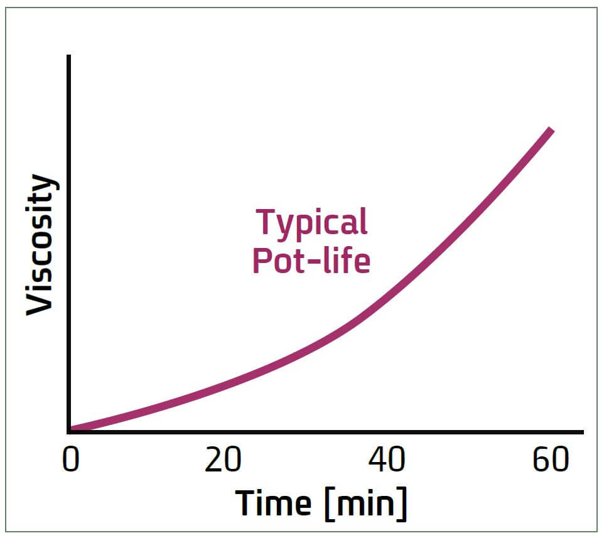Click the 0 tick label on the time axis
tap(71, 461)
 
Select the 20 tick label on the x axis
tap(224, 461)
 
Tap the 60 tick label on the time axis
tap(551, 461)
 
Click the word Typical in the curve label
tap(311, 222)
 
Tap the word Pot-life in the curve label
tap(311, 261)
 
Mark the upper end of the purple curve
tap(551, 131)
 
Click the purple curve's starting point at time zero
tap(72, 429)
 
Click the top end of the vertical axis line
tap(68, 56)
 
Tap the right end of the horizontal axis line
tap(582, 432)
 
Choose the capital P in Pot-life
tap(262, 260)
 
